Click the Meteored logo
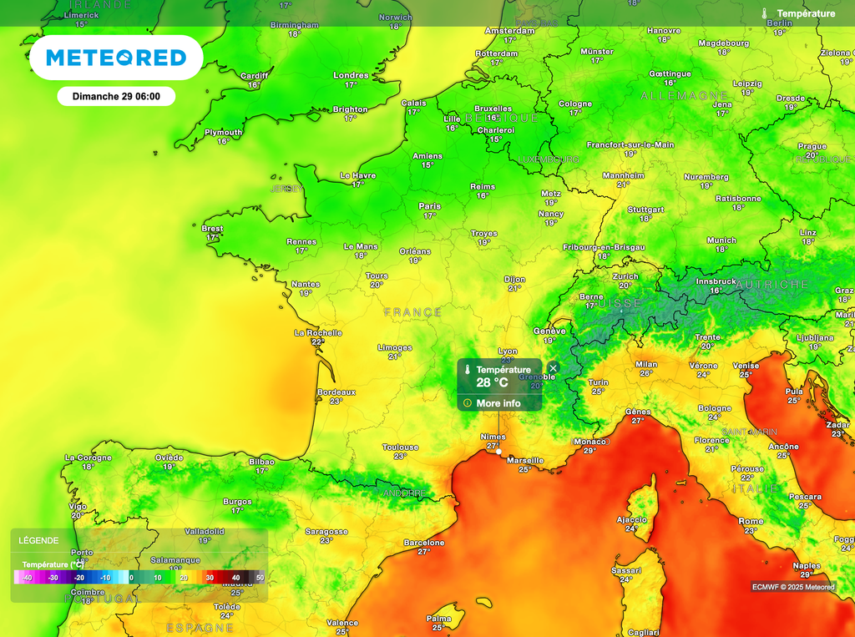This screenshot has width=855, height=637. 116,58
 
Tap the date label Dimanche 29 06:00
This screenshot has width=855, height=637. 115,96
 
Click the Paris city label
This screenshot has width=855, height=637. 429,205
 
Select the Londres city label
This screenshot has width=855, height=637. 351,75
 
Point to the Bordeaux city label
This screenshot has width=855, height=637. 336,392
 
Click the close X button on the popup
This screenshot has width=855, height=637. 553,367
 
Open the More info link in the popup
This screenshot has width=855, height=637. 498,403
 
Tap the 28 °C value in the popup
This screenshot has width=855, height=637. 493,382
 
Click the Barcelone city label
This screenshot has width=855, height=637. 424,542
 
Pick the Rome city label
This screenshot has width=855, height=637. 751,521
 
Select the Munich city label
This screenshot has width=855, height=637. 721,240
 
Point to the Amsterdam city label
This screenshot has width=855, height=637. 509,31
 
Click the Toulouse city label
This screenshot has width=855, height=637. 400,447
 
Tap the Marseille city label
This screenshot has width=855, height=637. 525,460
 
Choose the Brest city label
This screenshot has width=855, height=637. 212,228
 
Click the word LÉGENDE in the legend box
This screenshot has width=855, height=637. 39,540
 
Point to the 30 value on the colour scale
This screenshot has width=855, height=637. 210,577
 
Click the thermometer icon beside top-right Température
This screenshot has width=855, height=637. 764,13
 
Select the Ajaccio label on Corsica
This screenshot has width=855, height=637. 631,519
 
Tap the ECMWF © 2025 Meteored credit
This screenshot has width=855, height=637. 792,586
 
